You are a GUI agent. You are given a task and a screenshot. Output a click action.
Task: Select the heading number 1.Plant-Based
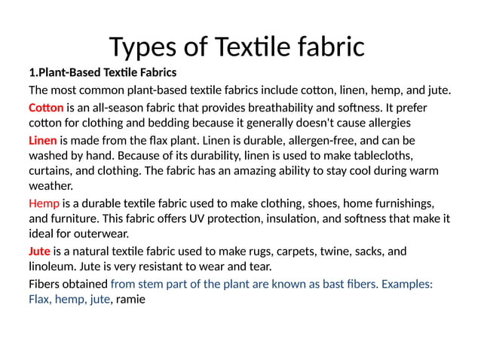click(x=69, y=73)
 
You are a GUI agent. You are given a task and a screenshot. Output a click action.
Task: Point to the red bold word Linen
click(x=43, y=140)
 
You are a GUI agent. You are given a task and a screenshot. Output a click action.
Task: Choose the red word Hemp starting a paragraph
click(x=44, y=203)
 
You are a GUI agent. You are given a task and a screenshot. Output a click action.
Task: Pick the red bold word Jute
click(x=40, y=252)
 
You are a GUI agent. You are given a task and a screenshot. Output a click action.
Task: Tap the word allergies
click(x=385, y=123)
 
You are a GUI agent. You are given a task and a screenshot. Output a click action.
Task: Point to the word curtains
click(x=51, y=171)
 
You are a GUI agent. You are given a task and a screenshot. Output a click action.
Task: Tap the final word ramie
click(x=130, y=299)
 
